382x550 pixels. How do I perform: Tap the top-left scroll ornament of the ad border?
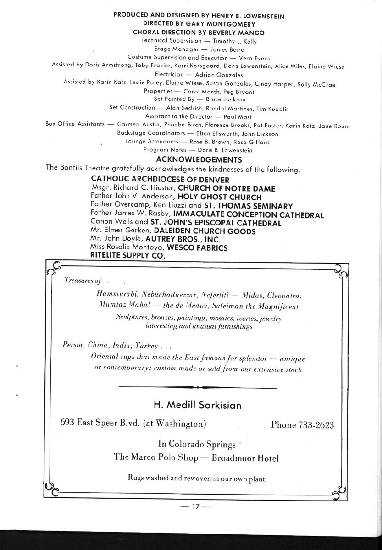[54, 269]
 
